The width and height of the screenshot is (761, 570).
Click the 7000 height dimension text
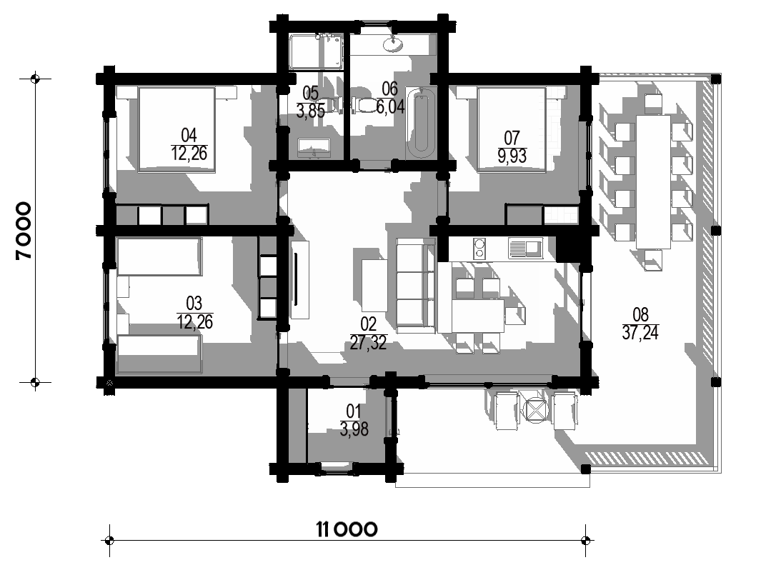pos(24,231)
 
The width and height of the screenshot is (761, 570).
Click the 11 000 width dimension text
pos(347,529)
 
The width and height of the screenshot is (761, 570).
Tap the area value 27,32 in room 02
pos(369,343)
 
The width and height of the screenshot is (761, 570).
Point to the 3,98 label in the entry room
pos(354,429)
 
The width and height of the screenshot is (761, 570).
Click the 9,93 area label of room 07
pos(512,156)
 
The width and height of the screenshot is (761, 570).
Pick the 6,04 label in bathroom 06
pos(391,106)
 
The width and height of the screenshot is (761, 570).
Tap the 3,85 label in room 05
pos(311,111)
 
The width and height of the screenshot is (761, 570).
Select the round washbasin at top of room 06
pos(392,44)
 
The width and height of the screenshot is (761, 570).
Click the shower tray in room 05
pos(316,51)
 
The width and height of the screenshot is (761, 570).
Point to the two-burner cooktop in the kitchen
pos(479,248)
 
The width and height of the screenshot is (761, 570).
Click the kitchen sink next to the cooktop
pos(526,248)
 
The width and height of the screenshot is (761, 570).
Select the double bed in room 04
pos(176,129)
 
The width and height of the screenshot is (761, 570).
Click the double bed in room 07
pos(512,129)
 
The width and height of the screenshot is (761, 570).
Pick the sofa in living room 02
pos(415,286)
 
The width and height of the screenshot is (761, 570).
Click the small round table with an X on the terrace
pos(535,410)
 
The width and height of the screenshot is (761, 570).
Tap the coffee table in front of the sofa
pos(374,285)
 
